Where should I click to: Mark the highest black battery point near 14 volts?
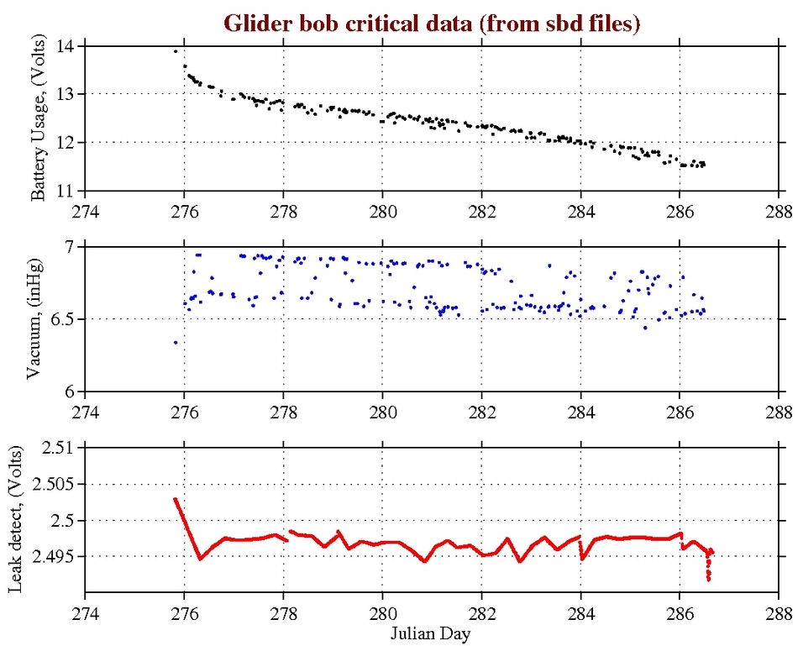(175, 51)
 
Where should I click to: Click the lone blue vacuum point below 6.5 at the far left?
(175, 342)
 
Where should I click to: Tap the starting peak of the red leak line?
(175, 499)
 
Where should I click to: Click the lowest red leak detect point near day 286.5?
(709, 580)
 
